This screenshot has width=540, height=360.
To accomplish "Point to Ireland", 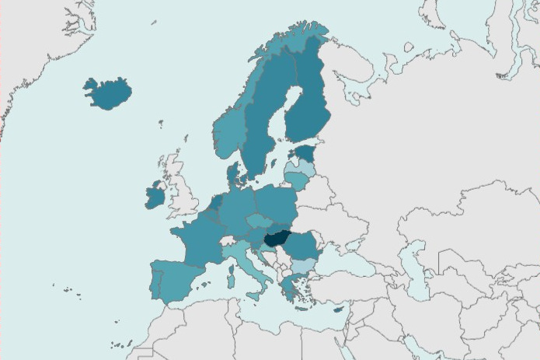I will coord(154,197).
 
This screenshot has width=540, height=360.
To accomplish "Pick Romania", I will coord(303,245).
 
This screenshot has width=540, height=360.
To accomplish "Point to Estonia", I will coord(305,153).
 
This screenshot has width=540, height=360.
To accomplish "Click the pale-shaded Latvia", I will coord(301,167).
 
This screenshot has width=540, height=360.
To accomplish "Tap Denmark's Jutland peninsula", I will coord(233,174).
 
